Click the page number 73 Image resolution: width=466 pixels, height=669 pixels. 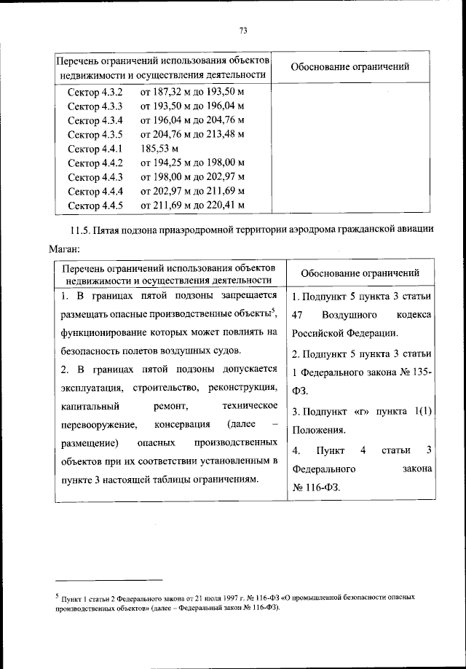(243, 30)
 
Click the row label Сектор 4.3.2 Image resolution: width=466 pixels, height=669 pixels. (95, 93)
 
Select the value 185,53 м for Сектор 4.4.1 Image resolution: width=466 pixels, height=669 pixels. (159, 149)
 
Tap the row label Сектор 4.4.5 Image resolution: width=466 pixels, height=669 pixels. (95, 205)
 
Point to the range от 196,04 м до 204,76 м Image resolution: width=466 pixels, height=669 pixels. (191, 121)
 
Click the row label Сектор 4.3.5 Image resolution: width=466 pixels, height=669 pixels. (95, 135)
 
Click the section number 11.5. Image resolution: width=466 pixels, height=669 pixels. (73, 230)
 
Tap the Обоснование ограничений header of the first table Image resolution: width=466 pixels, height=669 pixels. (349, 67)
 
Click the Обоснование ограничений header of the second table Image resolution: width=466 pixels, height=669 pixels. (360, 273)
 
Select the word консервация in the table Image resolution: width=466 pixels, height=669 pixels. (183, 424)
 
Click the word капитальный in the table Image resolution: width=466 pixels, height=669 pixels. (87, 405)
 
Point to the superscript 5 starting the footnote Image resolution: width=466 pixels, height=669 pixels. (57, 594)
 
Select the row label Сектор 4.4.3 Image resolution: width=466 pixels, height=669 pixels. (95, 177)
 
